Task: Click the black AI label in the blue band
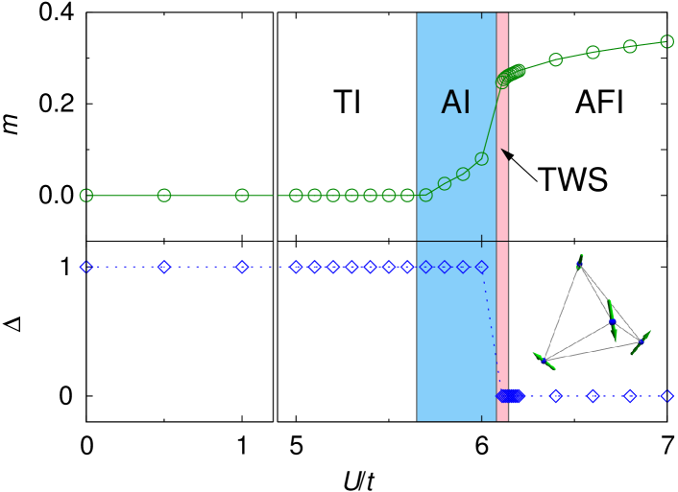455,103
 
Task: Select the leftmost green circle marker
86,196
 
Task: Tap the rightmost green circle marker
666,41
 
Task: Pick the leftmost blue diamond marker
86,267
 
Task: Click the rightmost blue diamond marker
666,396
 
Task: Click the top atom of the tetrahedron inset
579,264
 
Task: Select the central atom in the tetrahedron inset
612,322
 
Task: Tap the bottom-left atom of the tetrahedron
544,361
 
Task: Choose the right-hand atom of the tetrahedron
641,341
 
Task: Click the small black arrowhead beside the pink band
505,154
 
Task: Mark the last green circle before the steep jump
481,159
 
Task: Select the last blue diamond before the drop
481,268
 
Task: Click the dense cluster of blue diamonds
510,396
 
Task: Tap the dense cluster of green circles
511,75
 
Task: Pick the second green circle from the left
164,196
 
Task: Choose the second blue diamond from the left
164,267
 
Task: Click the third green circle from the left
242,196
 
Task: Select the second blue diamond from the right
629,396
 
